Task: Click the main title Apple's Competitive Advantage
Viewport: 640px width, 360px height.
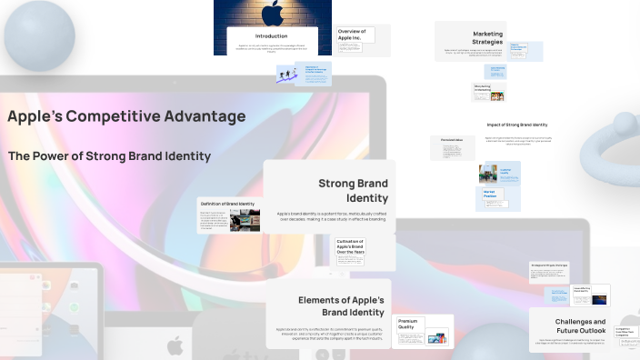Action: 126,116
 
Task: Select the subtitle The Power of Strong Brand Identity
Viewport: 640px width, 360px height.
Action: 109,156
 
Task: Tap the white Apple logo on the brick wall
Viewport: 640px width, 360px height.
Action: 271,13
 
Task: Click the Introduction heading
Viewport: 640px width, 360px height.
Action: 271,35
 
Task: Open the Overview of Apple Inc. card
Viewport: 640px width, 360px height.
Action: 351,35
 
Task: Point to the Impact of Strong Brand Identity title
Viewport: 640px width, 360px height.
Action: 517,124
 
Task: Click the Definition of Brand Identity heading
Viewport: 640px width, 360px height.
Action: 227,204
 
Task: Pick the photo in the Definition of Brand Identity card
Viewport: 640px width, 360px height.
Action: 245,220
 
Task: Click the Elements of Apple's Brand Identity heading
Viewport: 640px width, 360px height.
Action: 341,305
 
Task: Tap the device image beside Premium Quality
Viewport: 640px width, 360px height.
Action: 438,338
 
